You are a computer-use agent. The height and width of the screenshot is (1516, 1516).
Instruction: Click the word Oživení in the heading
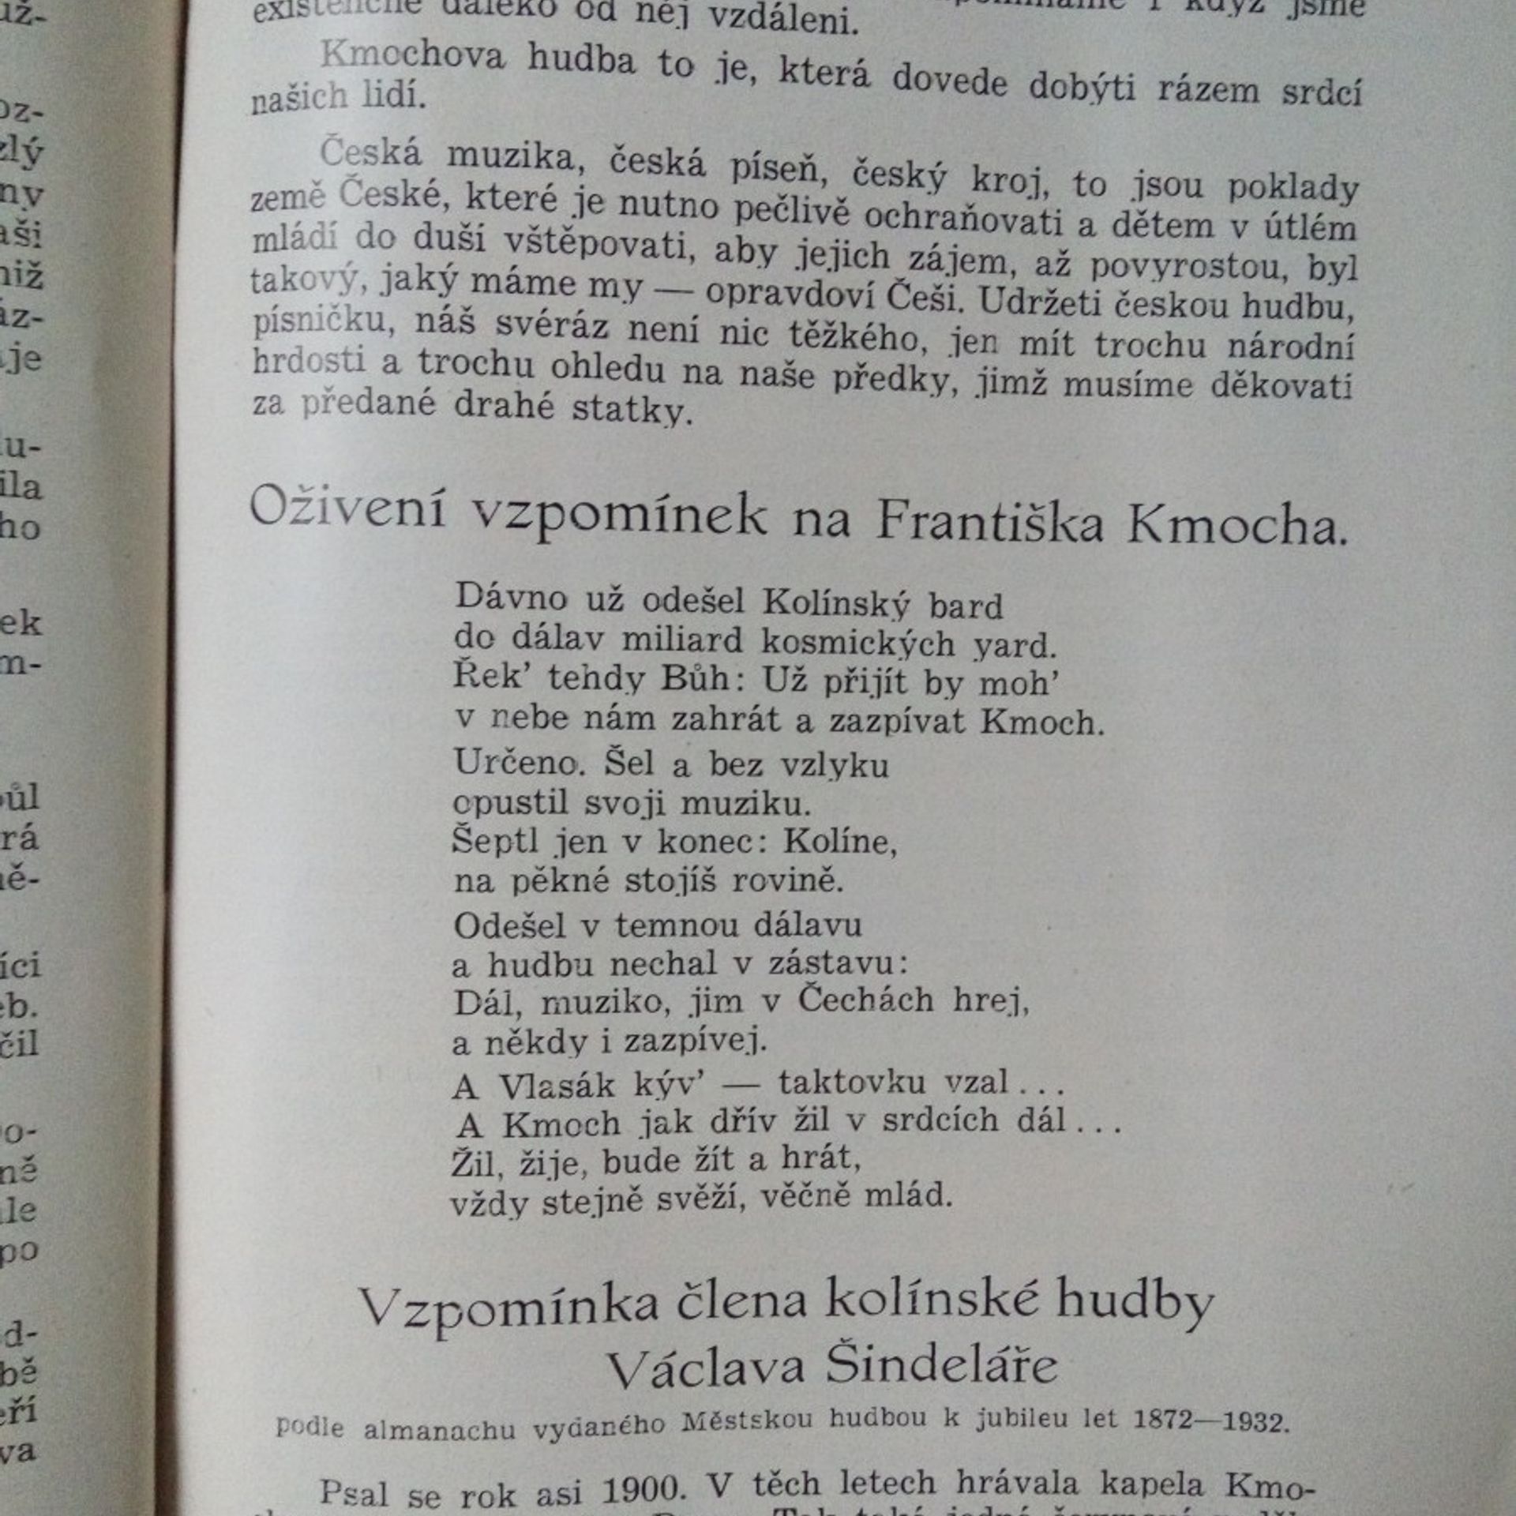pyautogui.click(x=347, y=508)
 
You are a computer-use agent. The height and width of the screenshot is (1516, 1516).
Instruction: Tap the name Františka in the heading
pyautogui.click(x=989, y=521)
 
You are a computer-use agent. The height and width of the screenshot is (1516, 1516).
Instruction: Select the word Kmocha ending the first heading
pyautogui.click(x=1236, y=526)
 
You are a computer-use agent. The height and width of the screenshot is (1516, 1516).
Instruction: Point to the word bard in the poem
pyautogui.click(x=965, y=606)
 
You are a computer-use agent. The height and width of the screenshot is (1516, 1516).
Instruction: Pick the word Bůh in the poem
pyautogui.click(x=696, y=679)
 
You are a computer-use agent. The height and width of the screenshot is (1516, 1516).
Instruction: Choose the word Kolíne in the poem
pyautogui.click(x=839, y=842)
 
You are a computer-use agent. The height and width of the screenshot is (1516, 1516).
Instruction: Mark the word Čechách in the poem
pyautogui.click(x=865, y=1000)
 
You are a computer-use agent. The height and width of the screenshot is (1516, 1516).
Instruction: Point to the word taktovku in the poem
pyautogui.click(x=852, y=1083)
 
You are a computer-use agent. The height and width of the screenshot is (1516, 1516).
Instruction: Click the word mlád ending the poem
pyautogui.click(x=908, y=1195)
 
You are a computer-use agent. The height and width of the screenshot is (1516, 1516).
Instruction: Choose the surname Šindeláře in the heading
pyautogui.click(x=941, y=1367)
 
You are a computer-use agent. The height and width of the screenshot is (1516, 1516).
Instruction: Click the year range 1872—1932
pyautogui.click(x=1210, y=1421)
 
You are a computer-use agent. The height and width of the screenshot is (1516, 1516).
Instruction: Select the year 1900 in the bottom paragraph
pyautogui.click(x=641, y=1490)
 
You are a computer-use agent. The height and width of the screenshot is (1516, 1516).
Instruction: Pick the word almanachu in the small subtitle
pyautogui.click(x=439, y=1428)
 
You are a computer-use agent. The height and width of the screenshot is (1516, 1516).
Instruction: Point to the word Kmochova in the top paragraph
pyautogui.click(x=412, y=55)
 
